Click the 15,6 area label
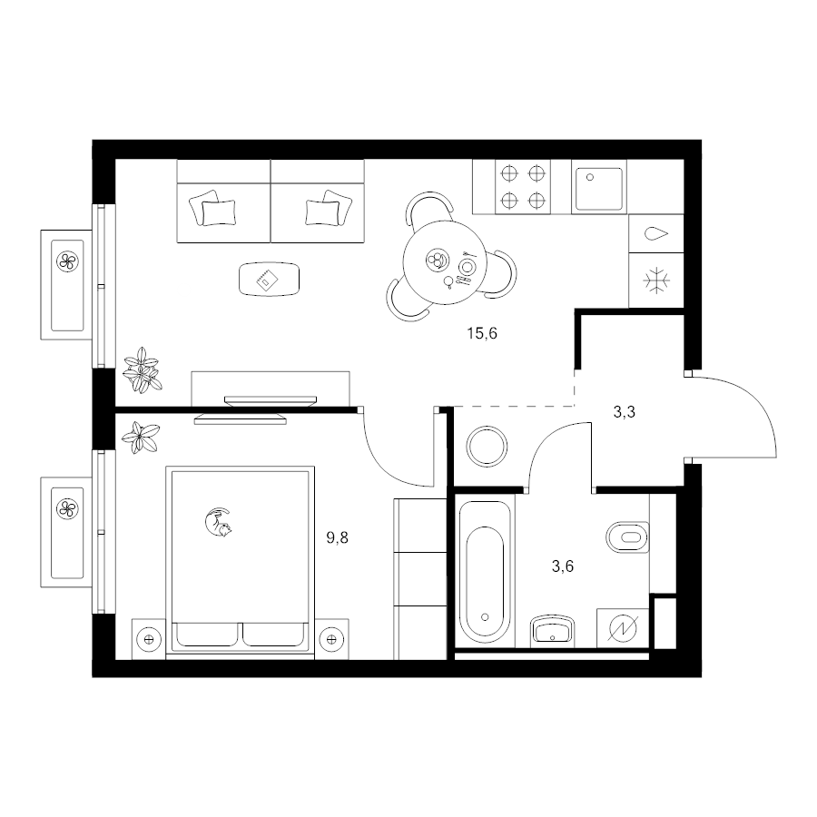pos(482,333)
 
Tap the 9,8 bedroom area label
pos(337,537)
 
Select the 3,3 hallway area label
pos(625,413)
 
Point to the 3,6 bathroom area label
pos(563,566)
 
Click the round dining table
pos(445,262)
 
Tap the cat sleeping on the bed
pos(218,522)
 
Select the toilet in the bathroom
pos(628,536)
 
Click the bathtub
pos(485,572)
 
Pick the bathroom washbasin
pos(552,632)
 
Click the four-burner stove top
pos(523,186)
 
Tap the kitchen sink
pos(599,186)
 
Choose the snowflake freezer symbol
pos(656,281)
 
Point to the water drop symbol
pos(656,233)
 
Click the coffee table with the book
pos(270,279)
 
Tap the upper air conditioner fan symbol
pos(67,261)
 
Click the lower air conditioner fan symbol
pos(67,508)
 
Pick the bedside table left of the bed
pos(149,639)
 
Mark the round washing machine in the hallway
pos(487,447)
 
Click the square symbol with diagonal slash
pos(623,628)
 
